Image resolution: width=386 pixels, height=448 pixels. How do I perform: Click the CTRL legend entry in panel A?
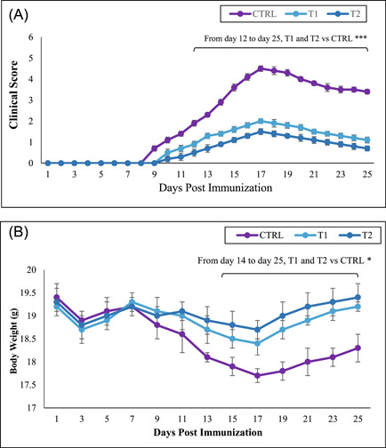(x=253, y=14)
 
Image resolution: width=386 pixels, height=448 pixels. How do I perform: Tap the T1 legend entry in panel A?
(x=302, y=14)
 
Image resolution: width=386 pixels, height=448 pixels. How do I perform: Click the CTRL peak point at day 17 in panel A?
(x=261, y=68)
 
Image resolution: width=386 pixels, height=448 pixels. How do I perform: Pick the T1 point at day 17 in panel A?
(x=261, y=121)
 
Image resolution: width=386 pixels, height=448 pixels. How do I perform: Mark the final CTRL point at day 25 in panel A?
(x=367, y=92)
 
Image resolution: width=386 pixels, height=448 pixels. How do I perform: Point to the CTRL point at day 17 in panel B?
(x=257, y=376)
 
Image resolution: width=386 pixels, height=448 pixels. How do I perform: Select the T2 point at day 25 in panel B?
(x=358, y=297)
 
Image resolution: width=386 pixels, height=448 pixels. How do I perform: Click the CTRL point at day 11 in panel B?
(x=182, y=334)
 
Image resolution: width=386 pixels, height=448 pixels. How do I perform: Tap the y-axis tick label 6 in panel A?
(x=31, y=37)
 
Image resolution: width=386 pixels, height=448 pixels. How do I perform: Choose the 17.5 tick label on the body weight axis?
(x=28, y=385)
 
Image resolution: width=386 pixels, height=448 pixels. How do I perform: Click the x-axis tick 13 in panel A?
(x=207, y=174)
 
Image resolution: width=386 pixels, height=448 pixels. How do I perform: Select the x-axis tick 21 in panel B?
(x=308, y=419)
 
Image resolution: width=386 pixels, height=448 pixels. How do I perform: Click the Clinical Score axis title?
(x=13, y=95)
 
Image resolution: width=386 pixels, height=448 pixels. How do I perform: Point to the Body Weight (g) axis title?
(x=13, y=340)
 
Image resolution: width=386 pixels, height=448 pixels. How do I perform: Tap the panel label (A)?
(x=19, y=15)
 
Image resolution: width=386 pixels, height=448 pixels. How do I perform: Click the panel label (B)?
(x=19, y=232)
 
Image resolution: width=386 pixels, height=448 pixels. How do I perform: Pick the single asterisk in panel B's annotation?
(x=369, y=260)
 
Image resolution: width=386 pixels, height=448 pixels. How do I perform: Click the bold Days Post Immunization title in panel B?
(x=208, y=432)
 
